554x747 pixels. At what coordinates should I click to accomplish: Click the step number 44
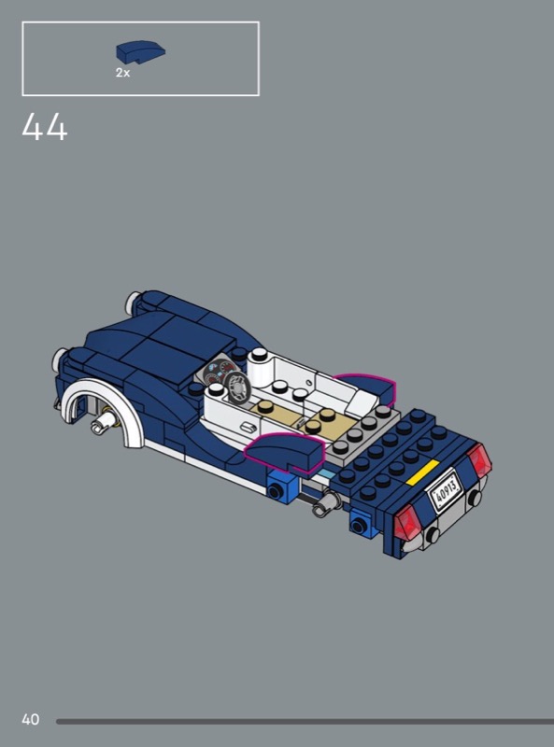(x=45, y=127)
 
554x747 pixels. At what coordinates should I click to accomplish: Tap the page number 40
(x=31, y=719)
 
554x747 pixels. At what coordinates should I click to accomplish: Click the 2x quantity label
(x=122, y=73)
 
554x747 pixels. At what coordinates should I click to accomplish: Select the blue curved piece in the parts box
(x=141, y=52)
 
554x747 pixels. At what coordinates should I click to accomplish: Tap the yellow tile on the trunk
(x=422, y=472)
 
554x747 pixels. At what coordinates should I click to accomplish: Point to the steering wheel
(x=237, y=387)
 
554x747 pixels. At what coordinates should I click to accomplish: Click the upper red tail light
(x=479, y=460)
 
